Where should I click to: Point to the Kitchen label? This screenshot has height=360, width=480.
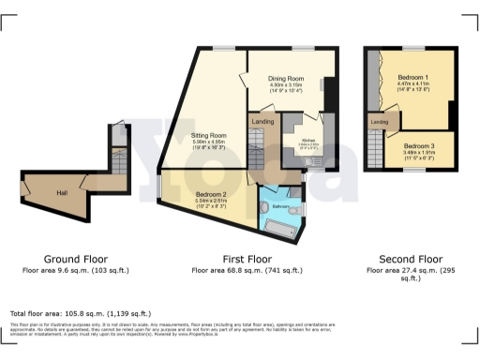point(307,140)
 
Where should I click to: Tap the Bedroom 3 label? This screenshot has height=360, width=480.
point(419,146)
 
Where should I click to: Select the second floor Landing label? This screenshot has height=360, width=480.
point(380,123)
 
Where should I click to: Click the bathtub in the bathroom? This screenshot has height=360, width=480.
point(279,228)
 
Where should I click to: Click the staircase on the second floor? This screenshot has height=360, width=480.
point(376,149)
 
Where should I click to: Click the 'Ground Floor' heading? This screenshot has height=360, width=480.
point(76,258)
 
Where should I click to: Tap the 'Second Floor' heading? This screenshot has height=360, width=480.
point(410,258)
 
